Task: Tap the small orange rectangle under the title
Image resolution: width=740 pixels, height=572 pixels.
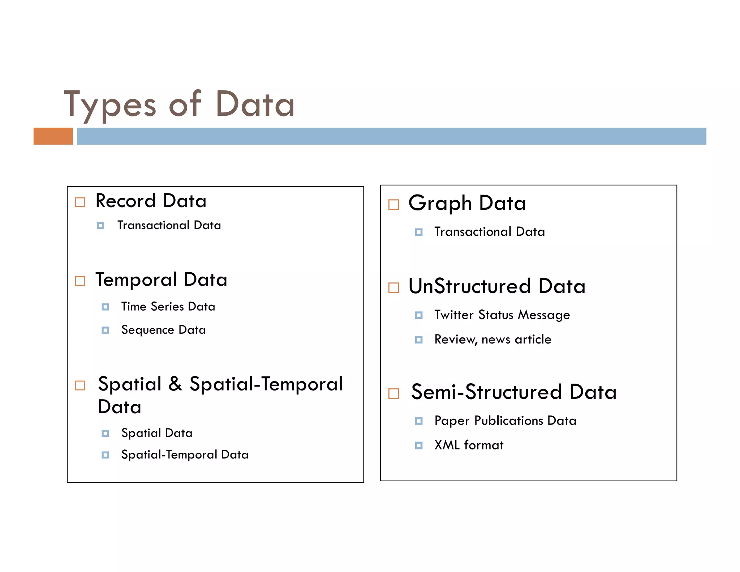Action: coord(53,136)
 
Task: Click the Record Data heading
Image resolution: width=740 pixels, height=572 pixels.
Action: coord(151,201)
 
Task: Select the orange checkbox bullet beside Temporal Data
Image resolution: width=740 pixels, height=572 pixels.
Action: coord(80,281)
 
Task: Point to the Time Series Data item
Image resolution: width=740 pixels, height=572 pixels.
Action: coord(168,307)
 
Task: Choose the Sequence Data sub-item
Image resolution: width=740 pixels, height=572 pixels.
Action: coord(163,330)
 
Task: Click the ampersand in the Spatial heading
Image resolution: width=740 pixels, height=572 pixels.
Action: coord(175,384)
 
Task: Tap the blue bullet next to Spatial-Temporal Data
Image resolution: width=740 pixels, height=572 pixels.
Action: coord(105,455)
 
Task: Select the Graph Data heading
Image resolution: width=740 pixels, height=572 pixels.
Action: coord(467,203)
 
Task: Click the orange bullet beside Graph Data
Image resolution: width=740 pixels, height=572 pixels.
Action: coord(393,205)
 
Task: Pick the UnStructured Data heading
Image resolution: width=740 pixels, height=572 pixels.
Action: coord(497,286)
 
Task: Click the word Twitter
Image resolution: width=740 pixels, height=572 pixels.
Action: coord(454,315)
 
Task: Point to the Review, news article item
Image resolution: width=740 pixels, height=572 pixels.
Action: coord(493,340)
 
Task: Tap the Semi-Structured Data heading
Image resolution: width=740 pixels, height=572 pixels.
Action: coord(513,392)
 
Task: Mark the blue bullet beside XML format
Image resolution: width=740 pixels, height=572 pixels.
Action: coord(419,445)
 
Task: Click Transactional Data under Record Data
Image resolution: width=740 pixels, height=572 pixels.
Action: coord(169,225)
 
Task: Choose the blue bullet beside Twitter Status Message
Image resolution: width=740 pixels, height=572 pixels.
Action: coord(419,315)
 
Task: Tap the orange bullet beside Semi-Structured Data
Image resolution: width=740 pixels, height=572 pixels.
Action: coord(393,393)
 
